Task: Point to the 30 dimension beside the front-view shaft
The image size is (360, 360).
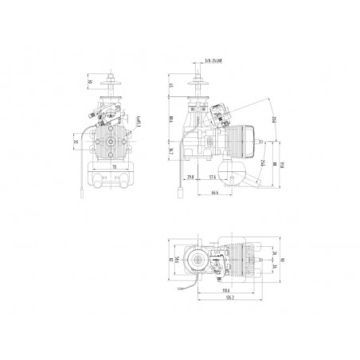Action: pos(89,81)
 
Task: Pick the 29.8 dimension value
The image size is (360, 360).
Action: pos(190,177)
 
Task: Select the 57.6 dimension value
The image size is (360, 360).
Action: pos(213,177)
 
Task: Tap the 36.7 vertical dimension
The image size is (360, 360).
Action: pos(171,151)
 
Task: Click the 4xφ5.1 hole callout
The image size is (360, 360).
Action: pos(139,123)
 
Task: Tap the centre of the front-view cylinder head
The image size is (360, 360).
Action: pos(108,145)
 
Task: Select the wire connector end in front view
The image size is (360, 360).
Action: pos(82,196)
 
